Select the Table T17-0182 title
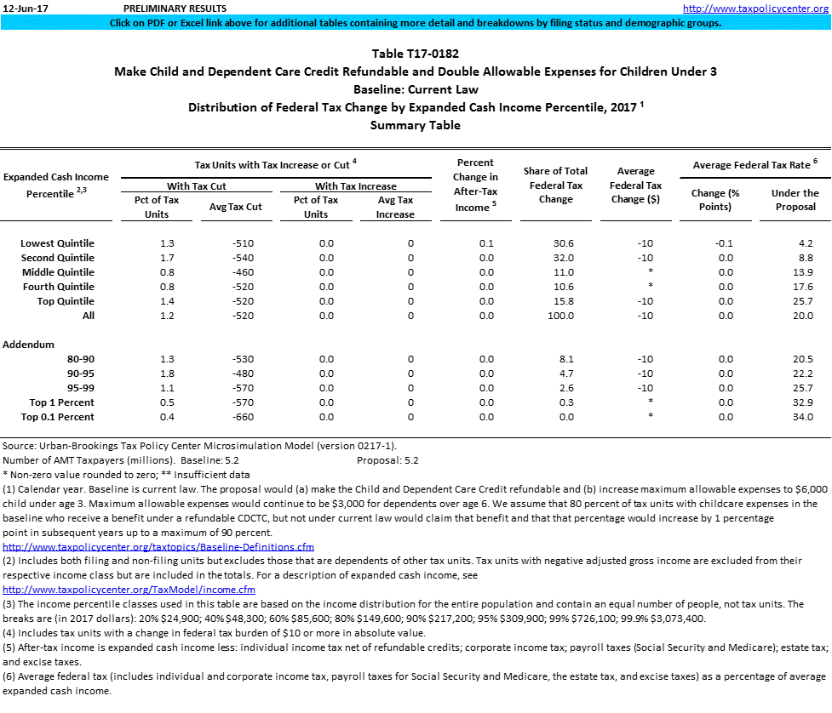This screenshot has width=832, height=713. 415,54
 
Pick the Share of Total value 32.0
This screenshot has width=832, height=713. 562,258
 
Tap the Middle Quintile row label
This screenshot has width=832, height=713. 58,272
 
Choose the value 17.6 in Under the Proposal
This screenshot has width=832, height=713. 802,287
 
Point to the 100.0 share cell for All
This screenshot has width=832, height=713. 562,316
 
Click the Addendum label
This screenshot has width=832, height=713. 28,345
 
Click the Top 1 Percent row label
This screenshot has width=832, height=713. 62,402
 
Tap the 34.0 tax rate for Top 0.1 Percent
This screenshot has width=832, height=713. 802,417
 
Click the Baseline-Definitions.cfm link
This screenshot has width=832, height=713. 158,546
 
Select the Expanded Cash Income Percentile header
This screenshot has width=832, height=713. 56,185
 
